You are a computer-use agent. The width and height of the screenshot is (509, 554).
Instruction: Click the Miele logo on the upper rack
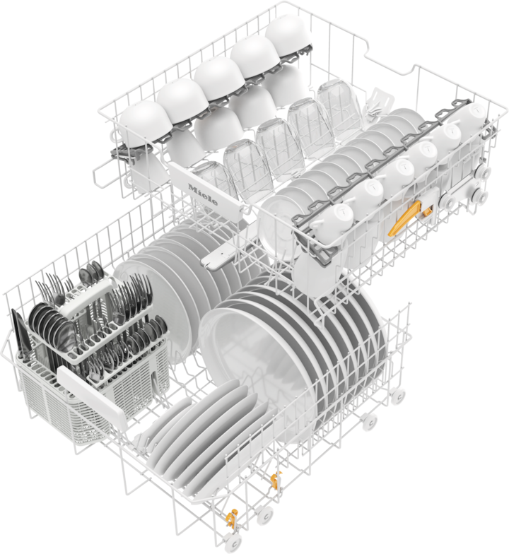click(x=203, y=195)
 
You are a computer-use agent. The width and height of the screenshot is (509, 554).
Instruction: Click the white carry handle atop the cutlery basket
click(x=86, y=295)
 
